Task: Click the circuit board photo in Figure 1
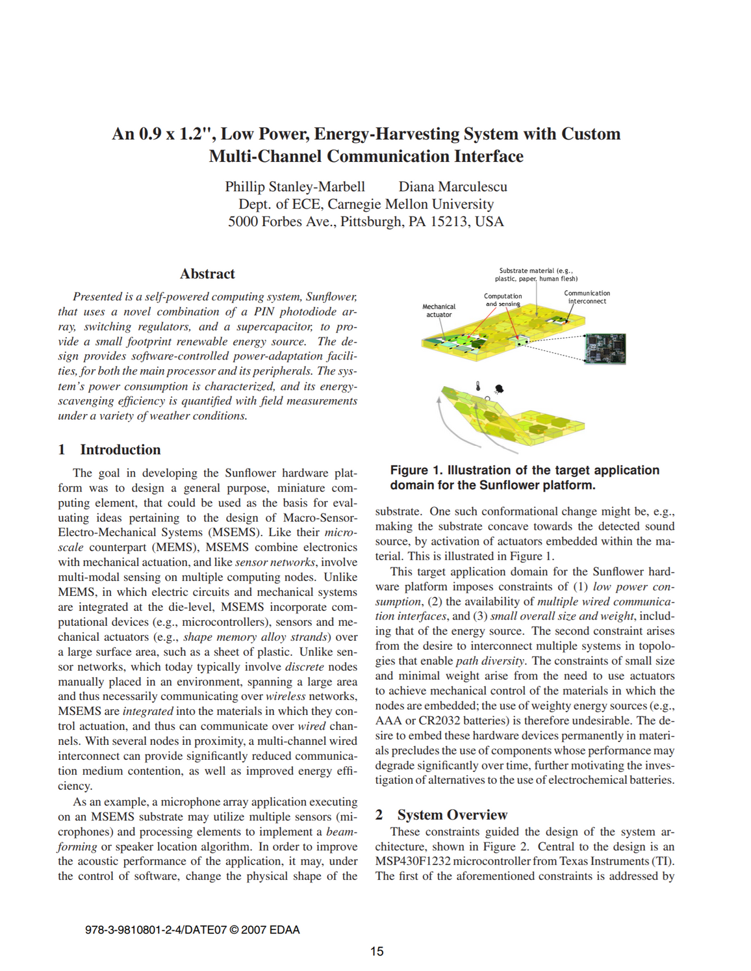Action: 605,348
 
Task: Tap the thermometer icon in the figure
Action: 478,386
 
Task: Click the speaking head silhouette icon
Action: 499,389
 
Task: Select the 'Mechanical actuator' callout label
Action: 439,311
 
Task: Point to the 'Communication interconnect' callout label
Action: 587,297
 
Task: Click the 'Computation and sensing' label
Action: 503,300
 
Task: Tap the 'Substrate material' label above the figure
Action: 536,274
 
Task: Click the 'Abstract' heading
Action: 207,274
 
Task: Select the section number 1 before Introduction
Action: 62,450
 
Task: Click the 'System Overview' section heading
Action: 452,815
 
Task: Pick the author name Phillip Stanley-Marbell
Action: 295,187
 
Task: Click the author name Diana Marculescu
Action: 453,187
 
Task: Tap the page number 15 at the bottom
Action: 377,952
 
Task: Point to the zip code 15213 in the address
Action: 451,222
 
